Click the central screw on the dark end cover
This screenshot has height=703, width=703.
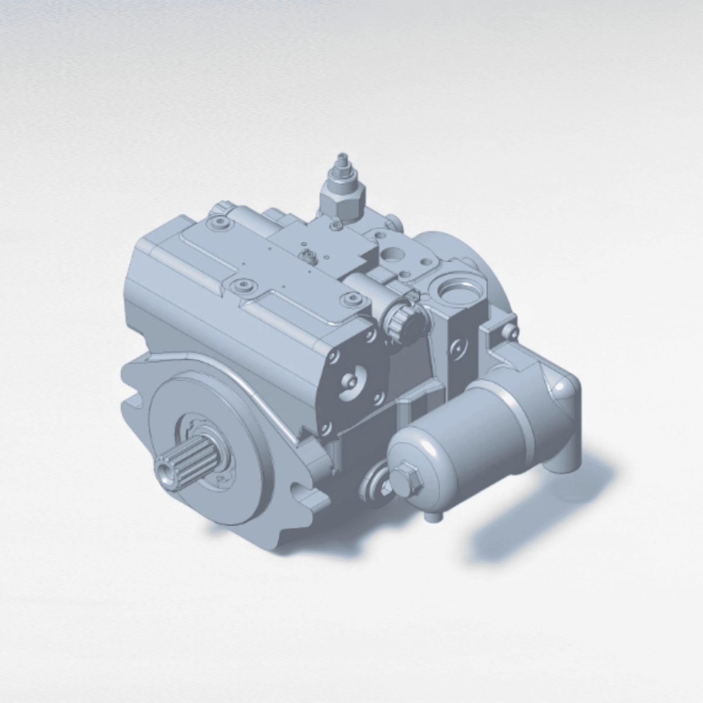(352, 380)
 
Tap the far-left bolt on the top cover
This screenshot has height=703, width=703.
(218, 222)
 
